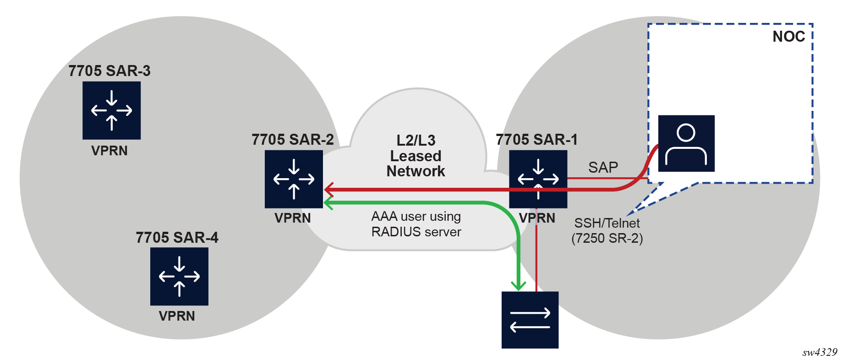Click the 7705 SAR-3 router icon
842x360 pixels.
pos(111,110)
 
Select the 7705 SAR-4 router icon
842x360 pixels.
pos(179,276)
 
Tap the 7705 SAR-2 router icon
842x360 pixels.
pos(294,179)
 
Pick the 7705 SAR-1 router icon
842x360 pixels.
pos(538,179)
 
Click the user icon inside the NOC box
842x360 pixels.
pos(686,143)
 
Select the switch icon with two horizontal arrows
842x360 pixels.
pos(530,320)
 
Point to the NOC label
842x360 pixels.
pos(788,37)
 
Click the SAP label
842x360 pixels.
pos(603,167)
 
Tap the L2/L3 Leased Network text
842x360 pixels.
pos(416,156)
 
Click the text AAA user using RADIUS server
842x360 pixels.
pos(416,224)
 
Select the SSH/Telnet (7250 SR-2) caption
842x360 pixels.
pos(607,230)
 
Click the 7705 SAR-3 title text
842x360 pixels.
pos(109,71)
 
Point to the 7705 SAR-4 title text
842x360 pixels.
pos(177,237)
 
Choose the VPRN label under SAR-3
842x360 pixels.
pos(109,151)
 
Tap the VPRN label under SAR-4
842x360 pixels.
pos(177,316)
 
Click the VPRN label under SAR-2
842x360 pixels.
pos(293,218)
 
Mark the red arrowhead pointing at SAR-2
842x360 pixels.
pos(328,189)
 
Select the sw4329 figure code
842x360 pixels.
pos(820,352)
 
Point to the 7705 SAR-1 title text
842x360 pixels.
pos(536,139)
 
